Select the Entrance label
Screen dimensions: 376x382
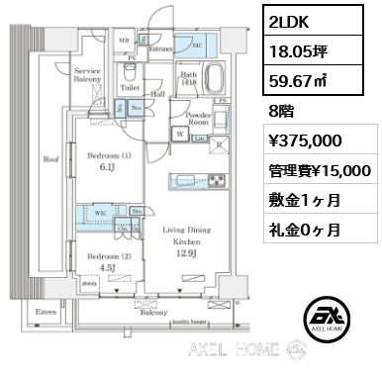161,47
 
